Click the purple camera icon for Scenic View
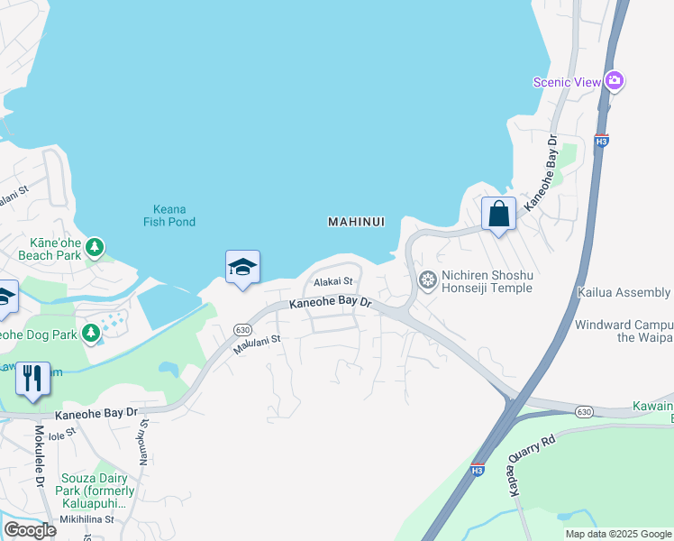coord(615,81)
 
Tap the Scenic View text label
coord(567,82)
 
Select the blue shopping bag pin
coord(498,215)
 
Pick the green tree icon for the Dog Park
coord(91,334)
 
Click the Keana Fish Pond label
coord(168,215)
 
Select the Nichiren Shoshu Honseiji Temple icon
coord(428,281)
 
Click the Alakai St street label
coord(332,283)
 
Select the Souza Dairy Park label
coord(96,484)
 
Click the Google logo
coord(31,530)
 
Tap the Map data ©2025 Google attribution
coord(618,534)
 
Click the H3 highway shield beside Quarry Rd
coord(477,470)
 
